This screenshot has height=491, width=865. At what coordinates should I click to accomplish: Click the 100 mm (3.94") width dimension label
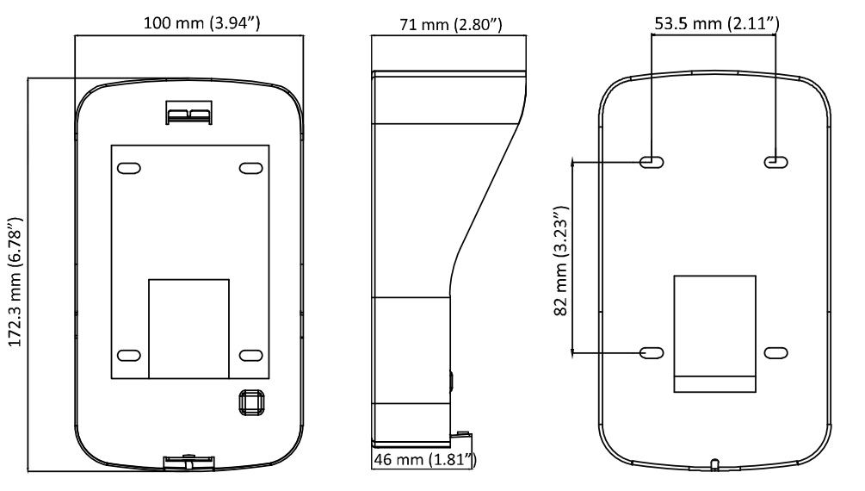(x=202, y=22)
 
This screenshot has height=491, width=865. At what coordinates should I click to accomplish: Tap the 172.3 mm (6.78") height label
(x=15, y=283)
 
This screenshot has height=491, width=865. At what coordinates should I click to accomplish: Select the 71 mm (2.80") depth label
(x=451, y=24)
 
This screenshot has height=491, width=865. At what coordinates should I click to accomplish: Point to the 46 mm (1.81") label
(x=425, y=459)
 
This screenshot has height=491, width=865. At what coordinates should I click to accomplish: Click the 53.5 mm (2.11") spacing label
(x=717, y=23)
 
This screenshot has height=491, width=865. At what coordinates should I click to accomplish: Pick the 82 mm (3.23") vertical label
(x=560, y=261)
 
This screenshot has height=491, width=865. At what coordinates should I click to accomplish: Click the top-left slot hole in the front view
(x=129, y=168)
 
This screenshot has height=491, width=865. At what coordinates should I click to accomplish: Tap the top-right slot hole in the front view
(x=250, y=168)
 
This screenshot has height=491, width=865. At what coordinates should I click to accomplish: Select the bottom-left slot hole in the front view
(x=129, y=355)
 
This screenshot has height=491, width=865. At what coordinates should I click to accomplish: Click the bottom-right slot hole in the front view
(x=251, y=355)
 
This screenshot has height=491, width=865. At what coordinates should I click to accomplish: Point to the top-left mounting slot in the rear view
(x=652, y=162)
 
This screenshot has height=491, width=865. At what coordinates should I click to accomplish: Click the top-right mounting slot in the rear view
(x=775, y=162)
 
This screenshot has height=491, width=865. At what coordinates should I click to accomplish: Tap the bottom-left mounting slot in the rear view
(x=652, y=352)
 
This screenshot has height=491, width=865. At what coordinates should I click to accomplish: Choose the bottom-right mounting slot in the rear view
(x=775, y=352)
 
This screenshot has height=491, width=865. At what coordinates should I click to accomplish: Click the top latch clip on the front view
(x=188, y=113)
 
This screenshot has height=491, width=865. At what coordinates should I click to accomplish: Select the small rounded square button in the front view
(x=251, y=402)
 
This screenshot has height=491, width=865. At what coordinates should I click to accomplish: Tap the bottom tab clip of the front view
(x=188, y=463)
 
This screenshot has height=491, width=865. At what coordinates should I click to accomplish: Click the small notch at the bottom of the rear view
(x=714, y=464)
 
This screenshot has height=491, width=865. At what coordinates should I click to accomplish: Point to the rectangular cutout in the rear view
(x=715, y=333)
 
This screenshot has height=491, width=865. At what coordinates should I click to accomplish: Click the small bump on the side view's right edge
(x=452, y=381)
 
